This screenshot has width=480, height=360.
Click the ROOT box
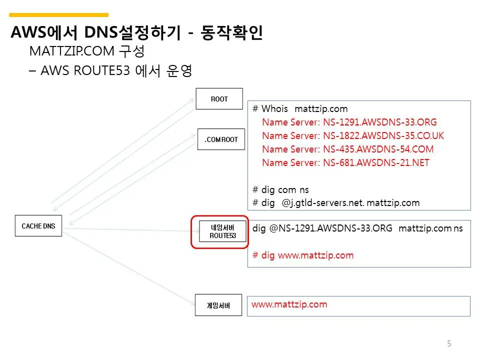pyautogui.click(x=219, y=99)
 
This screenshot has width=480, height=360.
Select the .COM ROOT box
pyautogui.click(x=221, y=139)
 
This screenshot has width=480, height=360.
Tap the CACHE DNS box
pyautogui.click(x=38, y=226)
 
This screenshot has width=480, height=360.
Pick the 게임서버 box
pyautogui.click(x=218, y=305)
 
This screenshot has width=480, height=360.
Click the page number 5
pyautogui.click(x=449, y=343)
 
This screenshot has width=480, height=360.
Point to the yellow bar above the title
pyautogui.click(x=59, y=15)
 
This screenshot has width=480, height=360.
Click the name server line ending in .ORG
pyautogui.click(x=349, y=122)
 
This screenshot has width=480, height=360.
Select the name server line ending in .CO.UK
pyautogui.click(x=352, y=135)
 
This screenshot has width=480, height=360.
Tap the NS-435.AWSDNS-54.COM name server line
pyautogui.click(x=347, y=149)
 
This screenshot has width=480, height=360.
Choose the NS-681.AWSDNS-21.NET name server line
pyautogui.click(x=345, y=162)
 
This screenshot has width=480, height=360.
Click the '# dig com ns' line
pyautogui.click(x=281, y=189)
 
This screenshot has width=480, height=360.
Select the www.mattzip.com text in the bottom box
pyautogui.click(x=289, y=304)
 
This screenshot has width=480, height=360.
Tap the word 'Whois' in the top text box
pyautogui.click(x=274, y=108)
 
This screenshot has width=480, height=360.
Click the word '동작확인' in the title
pyautogui.click(x=231, y=33)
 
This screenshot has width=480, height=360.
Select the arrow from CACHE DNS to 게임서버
pyautogui.click(x=129, y=267)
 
